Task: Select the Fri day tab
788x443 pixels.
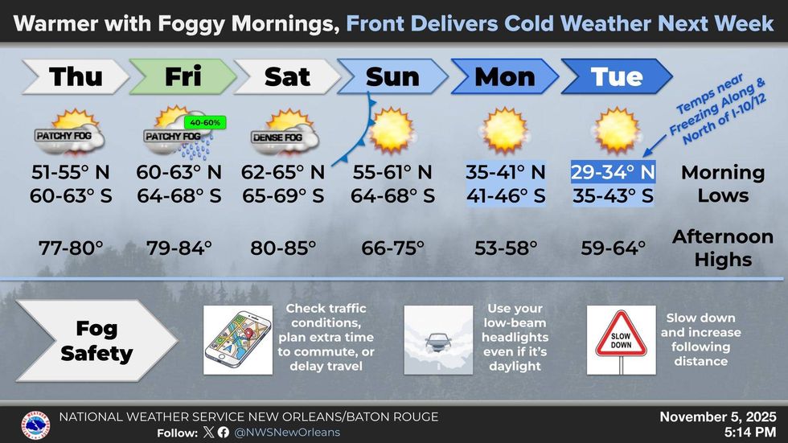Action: (183, 77)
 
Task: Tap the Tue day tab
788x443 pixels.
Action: (617, 77)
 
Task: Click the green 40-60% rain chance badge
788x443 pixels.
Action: (206, 122)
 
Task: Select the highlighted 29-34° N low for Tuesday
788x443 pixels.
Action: (613, 172)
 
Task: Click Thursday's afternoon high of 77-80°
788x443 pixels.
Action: (72, 248)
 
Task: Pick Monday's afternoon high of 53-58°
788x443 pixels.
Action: (506, 248)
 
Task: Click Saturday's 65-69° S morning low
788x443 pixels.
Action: (283, 195)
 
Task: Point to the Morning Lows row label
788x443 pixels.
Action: (723, 184)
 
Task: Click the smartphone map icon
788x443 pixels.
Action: (238, 338)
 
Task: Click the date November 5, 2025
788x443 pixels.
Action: (717, 417)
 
